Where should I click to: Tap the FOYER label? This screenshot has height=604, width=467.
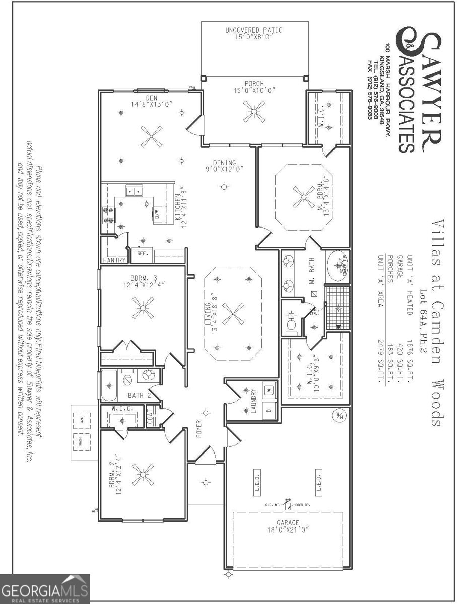[198, 429]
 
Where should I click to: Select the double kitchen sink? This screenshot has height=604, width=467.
[134, 191]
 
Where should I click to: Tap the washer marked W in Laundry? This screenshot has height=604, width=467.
[268, 389]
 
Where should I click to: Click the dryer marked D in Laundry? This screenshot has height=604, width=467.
[268, 410]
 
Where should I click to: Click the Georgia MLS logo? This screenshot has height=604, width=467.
[45, 588]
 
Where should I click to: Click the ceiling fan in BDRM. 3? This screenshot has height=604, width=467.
[143, 308]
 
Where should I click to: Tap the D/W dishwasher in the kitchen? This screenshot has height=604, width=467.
[157, 214]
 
